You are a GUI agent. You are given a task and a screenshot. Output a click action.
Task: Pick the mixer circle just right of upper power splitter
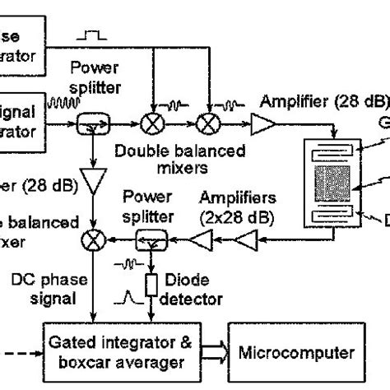click(x=151, y=124)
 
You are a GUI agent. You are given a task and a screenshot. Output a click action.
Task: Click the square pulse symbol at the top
click(x=90, y=36)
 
